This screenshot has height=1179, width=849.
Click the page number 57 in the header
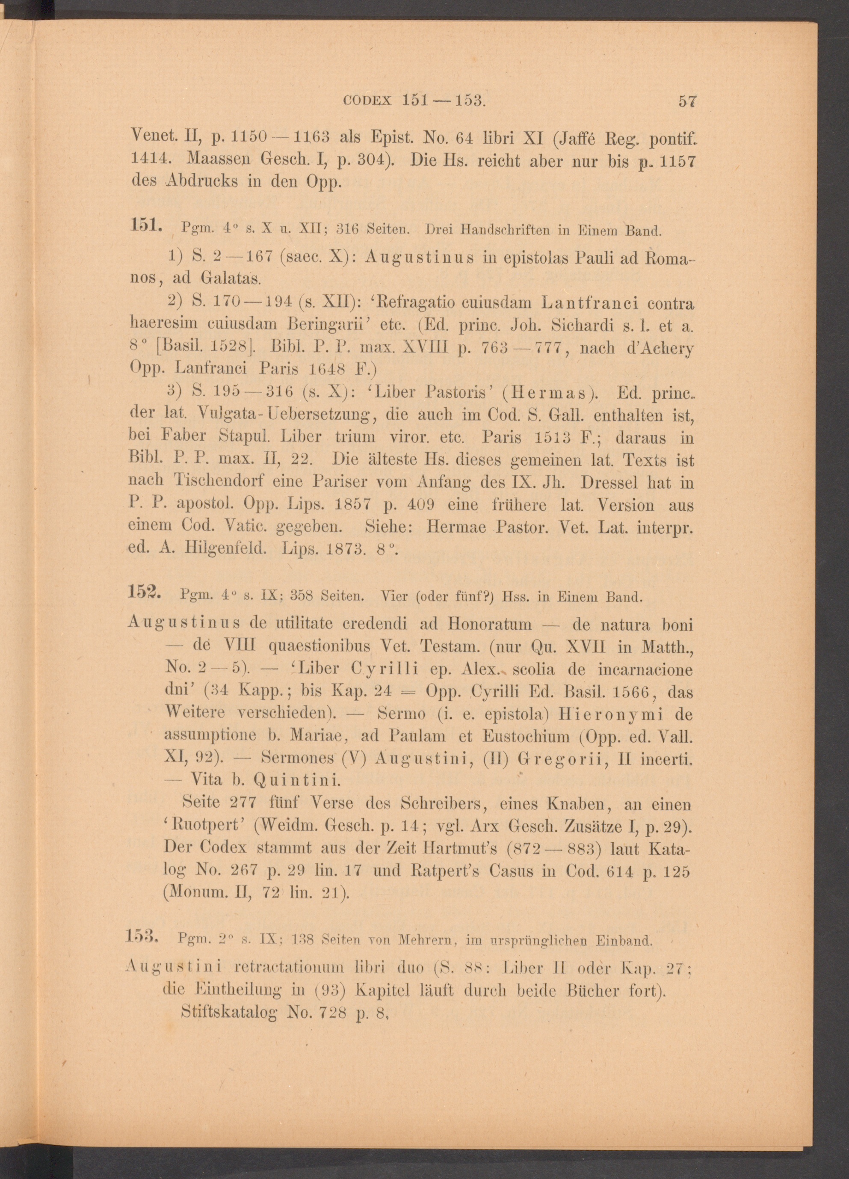coord(686,101)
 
